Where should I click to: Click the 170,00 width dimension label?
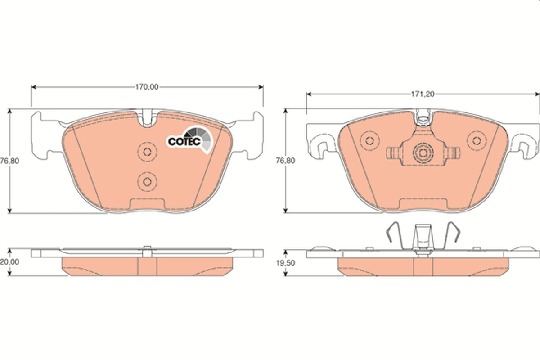pos(147,87)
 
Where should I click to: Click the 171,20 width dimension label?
pos(422,94)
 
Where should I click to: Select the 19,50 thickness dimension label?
pos(283,263)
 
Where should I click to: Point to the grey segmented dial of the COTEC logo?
pos(201,138)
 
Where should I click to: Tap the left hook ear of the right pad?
pos(322,147)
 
